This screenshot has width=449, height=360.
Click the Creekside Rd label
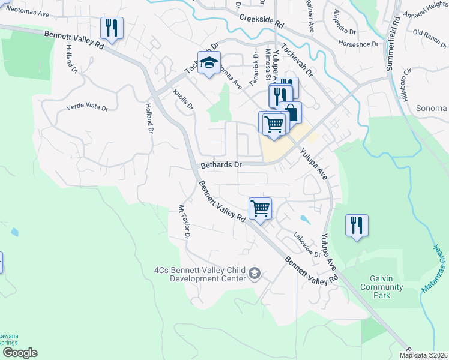261,20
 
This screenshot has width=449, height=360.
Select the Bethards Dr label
221,164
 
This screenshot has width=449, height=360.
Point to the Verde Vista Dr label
87,109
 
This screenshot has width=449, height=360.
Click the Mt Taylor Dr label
184,223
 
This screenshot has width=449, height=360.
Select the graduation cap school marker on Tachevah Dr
208,63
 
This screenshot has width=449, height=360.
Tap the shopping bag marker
291,112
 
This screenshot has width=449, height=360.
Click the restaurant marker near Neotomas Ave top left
112,28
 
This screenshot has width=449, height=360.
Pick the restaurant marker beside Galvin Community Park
357,226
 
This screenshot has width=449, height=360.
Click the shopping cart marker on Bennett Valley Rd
260,209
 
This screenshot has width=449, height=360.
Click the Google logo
20,353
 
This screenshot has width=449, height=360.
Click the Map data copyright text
423,355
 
